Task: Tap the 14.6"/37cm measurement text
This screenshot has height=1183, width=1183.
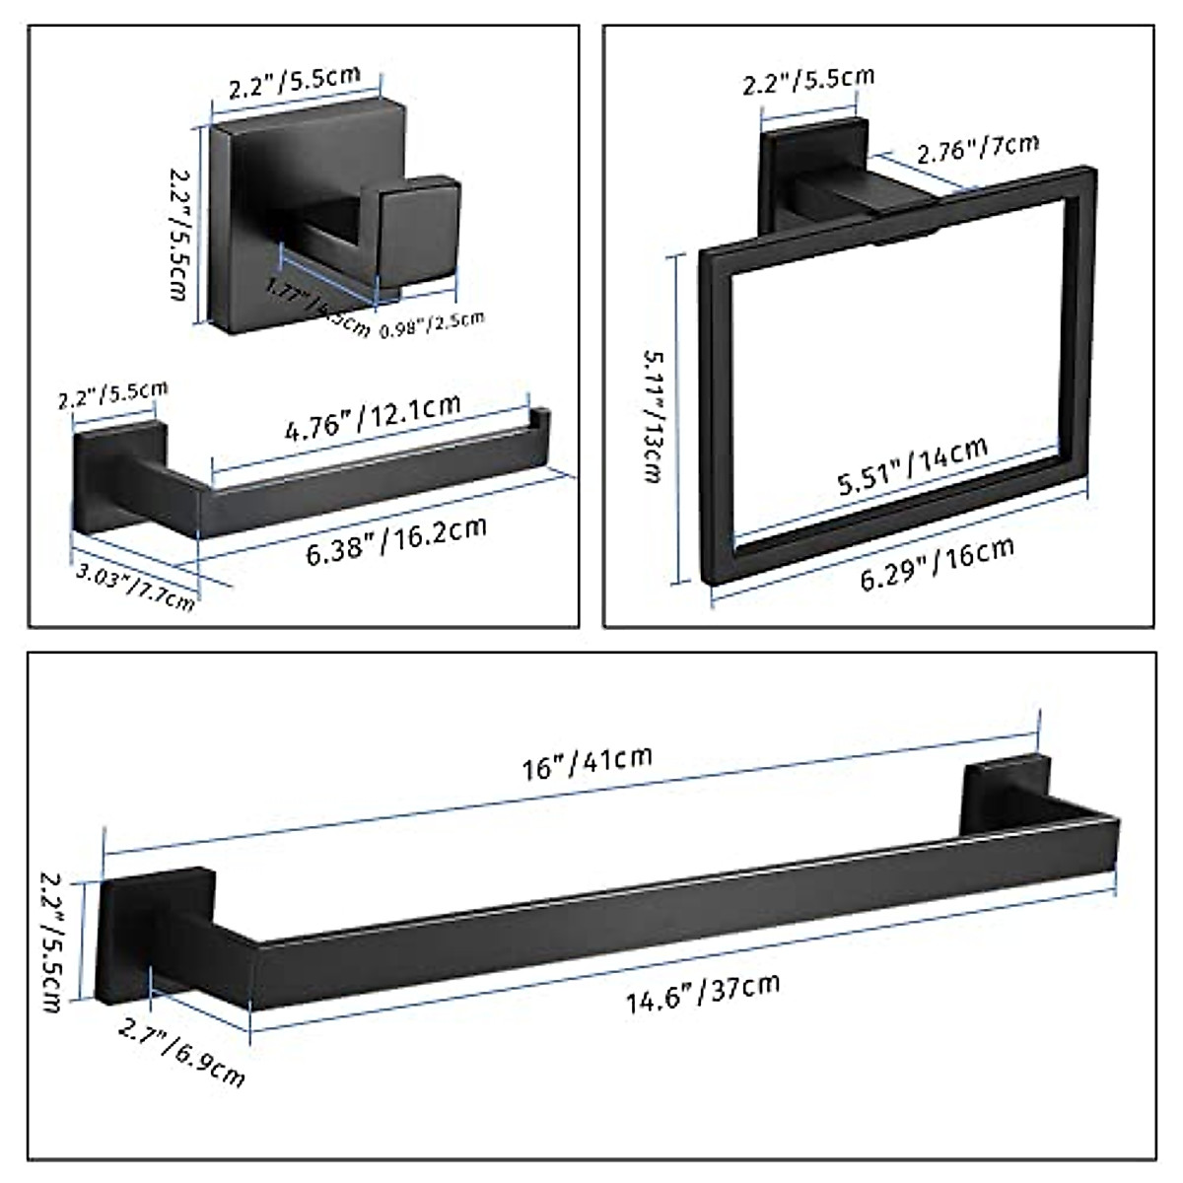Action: (704, 992)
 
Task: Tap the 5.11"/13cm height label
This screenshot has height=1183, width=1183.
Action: (652, 414)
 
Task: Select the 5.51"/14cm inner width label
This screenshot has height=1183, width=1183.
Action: (912, 466)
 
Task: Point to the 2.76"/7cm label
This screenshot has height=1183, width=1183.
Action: (977, 149)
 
